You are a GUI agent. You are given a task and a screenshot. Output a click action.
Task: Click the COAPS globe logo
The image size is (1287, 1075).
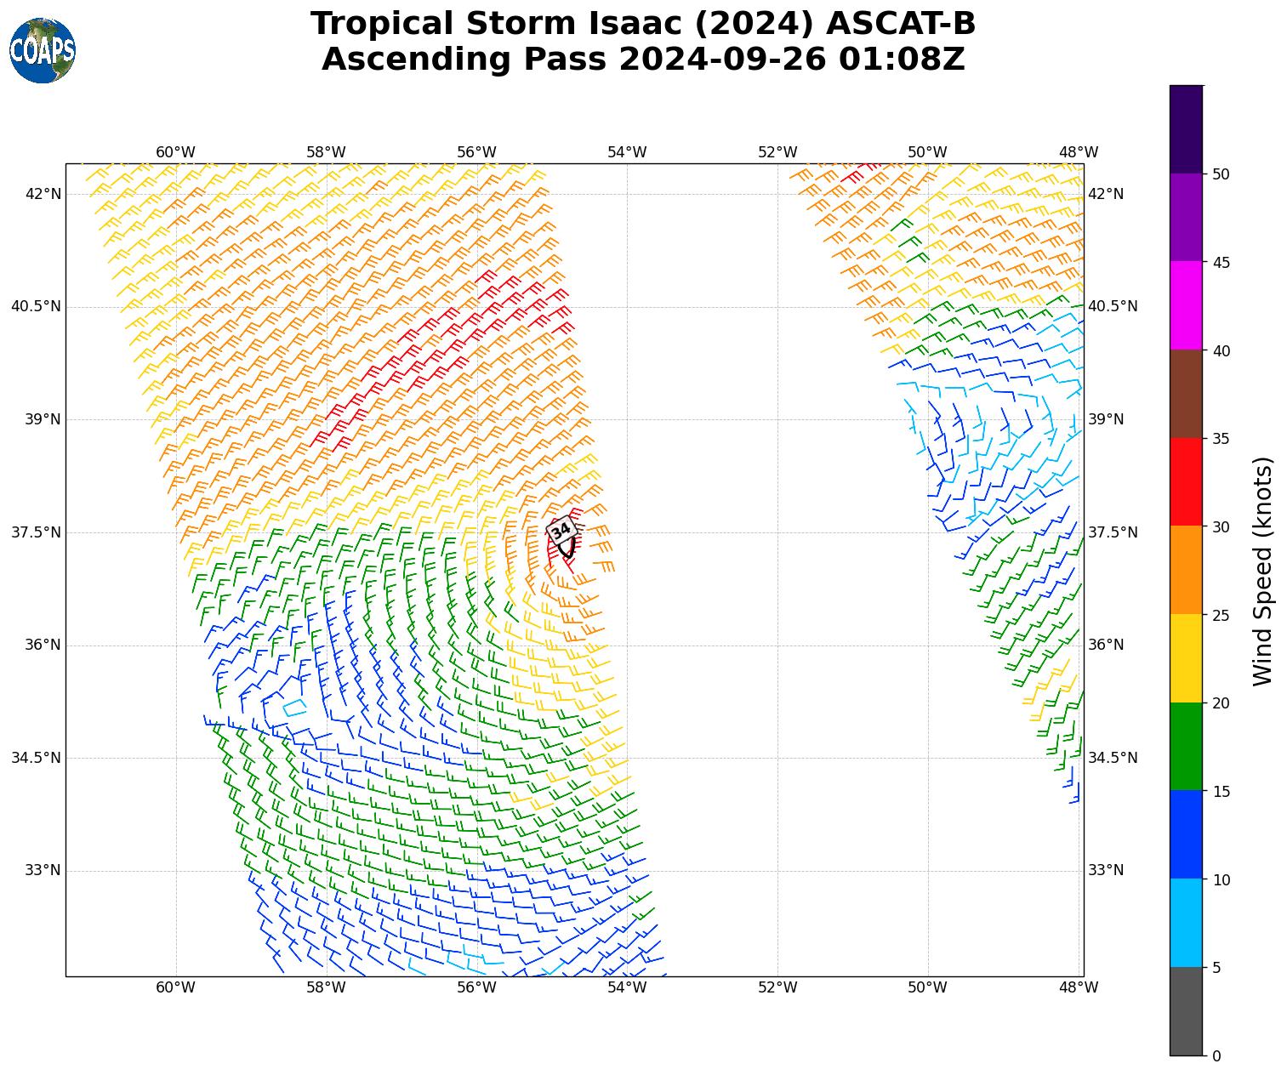tap(43, 50)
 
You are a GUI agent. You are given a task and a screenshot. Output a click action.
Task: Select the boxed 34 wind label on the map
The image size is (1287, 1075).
tap(561, 531)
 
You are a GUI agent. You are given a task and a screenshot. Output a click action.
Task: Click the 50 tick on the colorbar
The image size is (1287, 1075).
tap(1222, 174)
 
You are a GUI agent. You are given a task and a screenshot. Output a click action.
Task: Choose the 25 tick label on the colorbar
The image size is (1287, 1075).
tap(1222, 615)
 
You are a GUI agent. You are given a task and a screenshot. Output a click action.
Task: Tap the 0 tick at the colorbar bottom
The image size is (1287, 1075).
tap(1216, 1055)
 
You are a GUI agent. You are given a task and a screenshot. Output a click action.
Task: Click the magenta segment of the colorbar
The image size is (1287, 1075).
tap(1186, 305)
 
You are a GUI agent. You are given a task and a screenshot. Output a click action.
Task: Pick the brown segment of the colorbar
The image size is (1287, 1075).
tap(1186, 394)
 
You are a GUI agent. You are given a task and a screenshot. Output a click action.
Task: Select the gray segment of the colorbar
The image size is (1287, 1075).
tap(1186, 1011)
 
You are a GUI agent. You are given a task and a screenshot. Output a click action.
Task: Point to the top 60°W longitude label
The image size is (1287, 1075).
tap(175, 152)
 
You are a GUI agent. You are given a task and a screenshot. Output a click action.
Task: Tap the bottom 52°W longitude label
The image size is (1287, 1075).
tap(777, 987)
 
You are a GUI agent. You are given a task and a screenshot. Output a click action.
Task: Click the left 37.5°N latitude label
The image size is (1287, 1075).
tap(36, 532)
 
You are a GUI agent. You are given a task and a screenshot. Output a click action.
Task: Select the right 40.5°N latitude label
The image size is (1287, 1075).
tap(1113, 306)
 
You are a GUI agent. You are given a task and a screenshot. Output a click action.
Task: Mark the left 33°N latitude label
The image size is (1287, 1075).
tap(43, 870)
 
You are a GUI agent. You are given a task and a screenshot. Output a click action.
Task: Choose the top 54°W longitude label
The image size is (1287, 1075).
tap(627, 152)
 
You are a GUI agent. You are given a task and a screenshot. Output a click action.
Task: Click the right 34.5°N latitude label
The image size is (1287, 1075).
tap(1113, 758)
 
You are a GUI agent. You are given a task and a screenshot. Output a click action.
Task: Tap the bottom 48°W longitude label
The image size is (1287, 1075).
tap(1078, 987)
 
